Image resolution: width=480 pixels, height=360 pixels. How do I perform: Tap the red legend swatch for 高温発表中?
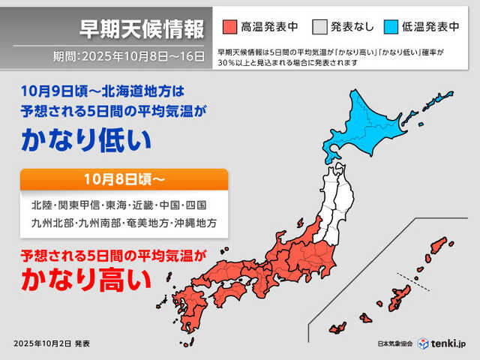(x=230, y=28)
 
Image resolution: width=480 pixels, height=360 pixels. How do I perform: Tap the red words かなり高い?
(x=85, y=280)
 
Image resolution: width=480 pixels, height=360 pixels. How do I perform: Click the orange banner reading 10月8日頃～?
(x=124, y=179)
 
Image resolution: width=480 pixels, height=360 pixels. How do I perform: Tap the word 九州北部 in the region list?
(x=49, y=223)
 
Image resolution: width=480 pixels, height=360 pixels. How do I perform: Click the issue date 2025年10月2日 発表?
(x=52, y=343)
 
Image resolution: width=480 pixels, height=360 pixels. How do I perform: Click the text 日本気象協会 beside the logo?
(x=396, y=343)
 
